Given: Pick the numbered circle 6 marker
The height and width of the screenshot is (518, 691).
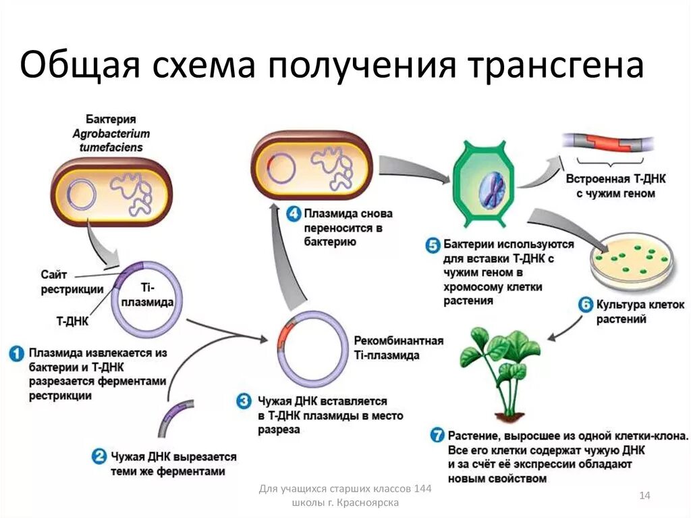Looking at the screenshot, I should click(586, 305).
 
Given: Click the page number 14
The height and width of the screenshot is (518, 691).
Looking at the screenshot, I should click(644, 496).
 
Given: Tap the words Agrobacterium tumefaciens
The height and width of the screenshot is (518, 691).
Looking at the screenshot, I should click(111, 140).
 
